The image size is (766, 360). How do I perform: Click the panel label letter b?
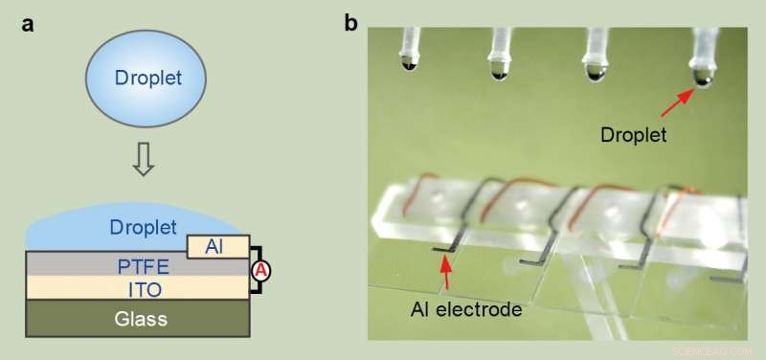[x=351, y=22]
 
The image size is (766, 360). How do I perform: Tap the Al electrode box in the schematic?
[x=218, y=246]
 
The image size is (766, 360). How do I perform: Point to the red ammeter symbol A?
[x=259, y=271]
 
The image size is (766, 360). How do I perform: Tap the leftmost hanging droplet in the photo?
[x=410, y=65]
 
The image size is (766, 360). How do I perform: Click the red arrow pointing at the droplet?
[x=680, y=99]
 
